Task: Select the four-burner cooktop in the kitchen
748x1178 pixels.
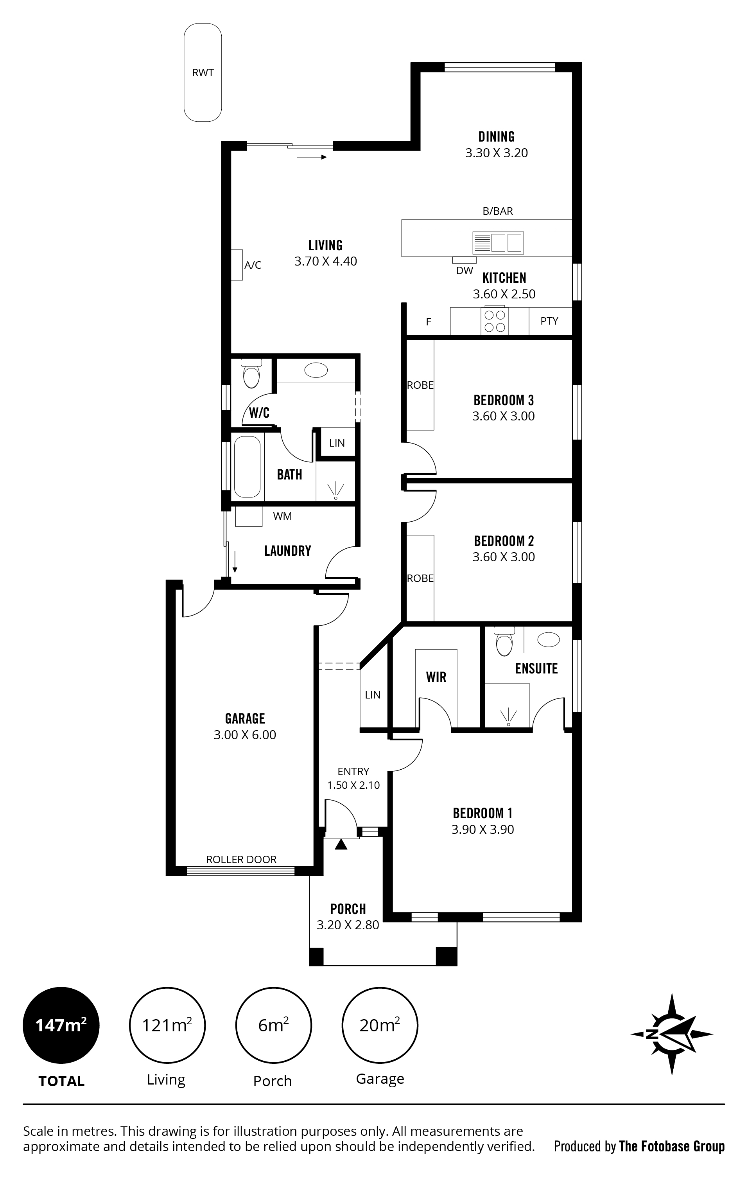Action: click(494, 321)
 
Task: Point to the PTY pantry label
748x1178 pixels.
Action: click(549, 321)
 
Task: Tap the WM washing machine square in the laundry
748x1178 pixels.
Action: click(249, 517)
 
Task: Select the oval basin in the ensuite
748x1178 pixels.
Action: click(549, 639)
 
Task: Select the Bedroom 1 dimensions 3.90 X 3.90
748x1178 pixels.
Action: click(483, 829)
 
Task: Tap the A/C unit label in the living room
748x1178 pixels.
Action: click(253, 265)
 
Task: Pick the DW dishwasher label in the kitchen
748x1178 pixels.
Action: click(464, 271)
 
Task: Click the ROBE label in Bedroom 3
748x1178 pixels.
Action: click(420, 386)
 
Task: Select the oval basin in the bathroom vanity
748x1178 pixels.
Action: click(316, 370)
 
